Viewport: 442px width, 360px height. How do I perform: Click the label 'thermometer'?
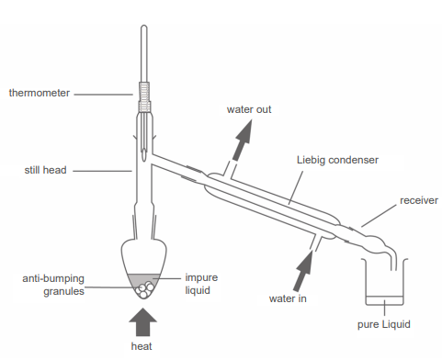pos(38,93)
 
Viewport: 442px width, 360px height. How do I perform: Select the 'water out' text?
pos(249,110)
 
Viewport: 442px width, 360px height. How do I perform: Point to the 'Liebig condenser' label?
pos(338,159)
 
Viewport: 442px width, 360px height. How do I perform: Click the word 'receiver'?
pos(419,199)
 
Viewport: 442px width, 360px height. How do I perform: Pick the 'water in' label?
pos(287,298)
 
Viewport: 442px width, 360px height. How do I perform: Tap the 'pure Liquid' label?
pos(383,324)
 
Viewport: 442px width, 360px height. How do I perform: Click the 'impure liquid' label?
pos(201,283)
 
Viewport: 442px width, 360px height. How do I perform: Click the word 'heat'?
pos(142,346)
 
